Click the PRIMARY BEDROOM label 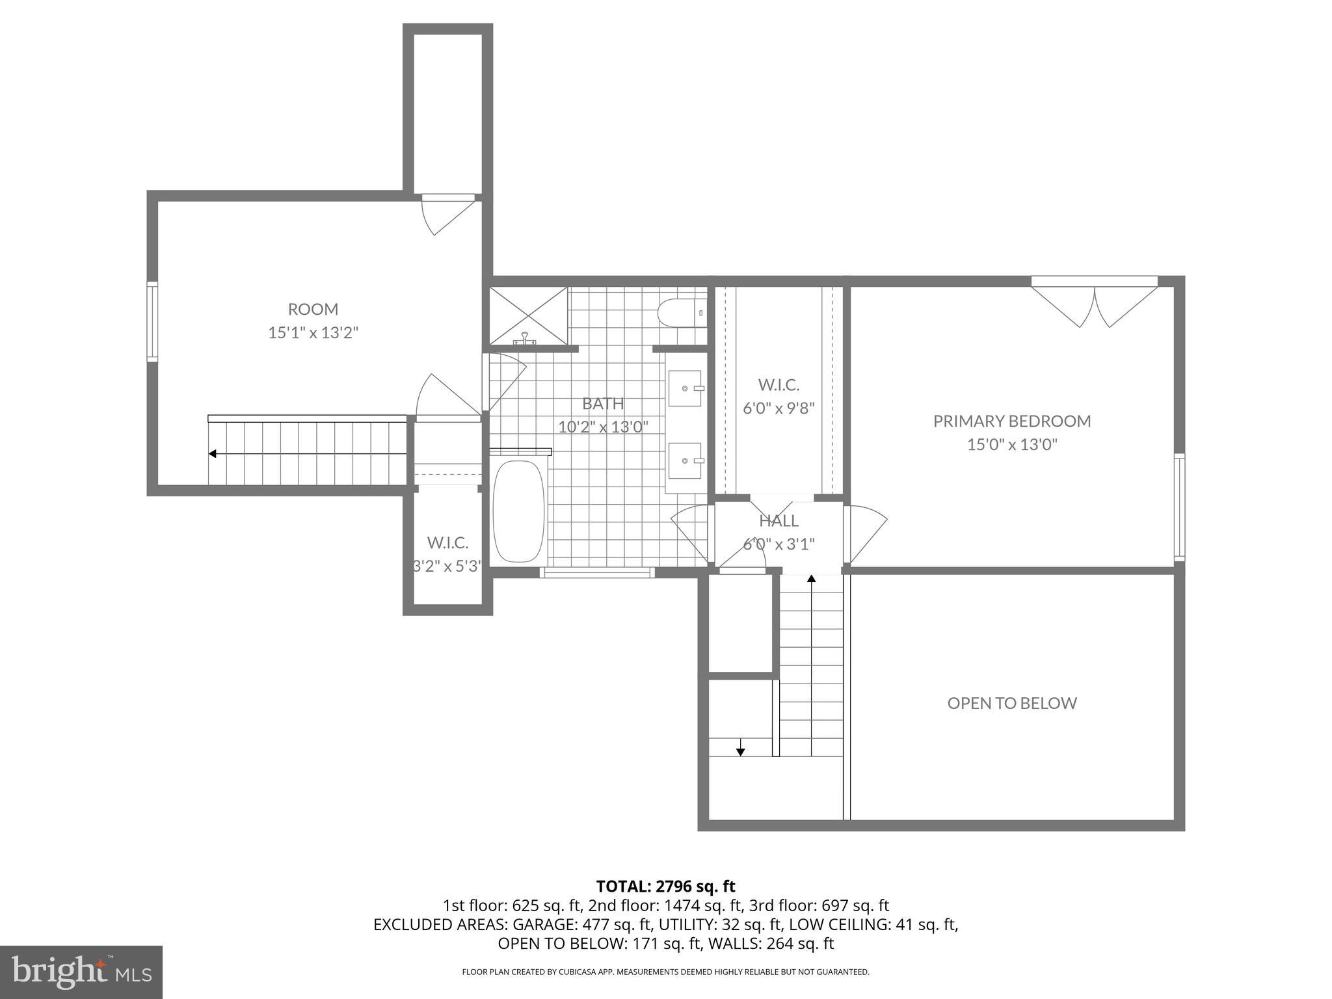[1011, 421]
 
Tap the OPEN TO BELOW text [1011, 702]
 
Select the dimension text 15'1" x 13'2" [313, 333]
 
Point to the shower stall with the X [528, 315]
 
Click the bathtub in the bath [518, 512]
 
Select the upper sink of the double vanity [685, 388]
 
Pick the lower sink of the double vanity [685, 460]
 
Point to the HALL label [779, 521]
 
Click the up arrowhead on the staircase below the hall [811, 578]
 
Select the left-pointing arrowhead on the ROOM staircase [212, 453]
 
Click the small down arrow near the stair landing [740, 752]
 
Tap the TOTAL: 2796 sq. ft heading [665, 886]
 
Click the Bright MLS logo [81, 972]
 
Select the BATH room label [602, 403]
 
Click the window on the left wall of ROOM [152, 321]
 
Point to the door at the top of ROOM [448, 215]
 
